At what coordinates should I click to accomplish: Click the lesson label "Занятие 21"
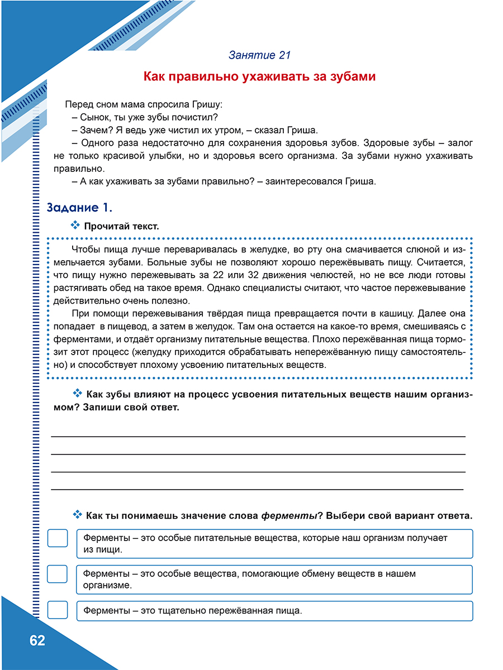pyautogui.click(x=259, y=55)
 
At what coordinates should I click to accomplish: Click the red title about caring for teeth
pyautogui.click(x=259, y=76)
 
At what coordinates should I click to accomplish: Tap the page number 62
pyautogui.click(x=37, y=640)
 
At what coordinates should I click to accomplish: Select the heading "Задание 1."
pyautogui.click(x=79, y=208)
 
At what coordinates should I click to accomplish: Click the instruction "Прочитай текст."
pyautogui.click(x=121, y=226)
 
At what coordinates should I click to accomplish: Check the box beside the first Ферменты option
pyautogui.click(x=58, y=538)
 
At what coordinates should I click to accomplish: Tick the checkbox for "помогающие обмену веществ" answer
pyautogui.click(x=58, y=574)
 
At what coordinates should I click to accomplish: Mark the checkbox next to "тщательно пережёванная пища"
pyautogui.click(x=58, y=609)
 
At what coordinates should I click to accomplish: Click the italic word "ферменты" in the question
pyautogui.click(x=290, y=515)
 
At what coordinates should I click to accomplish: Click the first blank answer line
pyautogui.click(x=258, y=436)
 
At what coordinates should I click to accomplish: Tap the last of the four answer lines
pyautogui.click(x=257, y=489)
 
